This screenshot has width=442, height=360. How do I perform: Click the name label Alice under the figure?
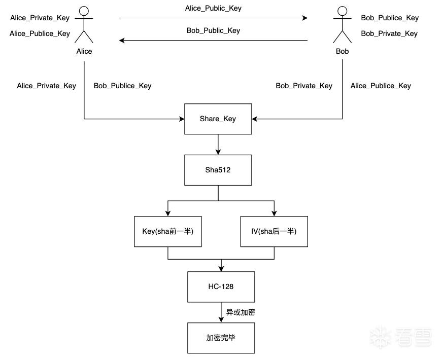pos(84,51)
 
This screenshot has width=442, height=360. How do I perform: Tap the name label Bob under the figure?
pos(342,51)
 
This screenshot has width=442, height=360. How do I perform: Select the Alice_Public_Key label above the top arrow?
pos(213,9)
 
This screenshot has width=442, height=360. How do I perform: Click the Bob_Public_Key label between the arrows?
pos(213,30)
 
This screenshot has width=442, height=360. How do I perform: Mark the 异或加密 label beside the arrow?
pos(241,312)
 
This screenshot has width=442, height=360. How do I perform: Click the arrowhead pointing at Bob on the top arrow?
pos(305,18)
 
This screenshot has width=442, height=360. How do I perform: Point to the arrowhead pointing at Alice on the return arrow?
pos(122,40)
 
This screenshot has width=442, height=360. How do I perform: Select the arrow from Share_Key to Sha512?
pos(218,145)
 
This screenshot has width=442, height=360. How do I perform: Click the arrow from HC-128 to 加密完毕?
pos(221,312)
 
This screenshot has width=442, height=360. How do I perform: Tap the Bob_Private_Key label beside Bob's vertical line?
pos(304,86)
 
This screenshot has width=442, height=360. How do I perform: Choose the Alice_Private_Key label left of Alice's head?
pos(40,18)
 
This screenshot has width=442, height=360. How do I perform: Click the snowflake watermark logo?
pos(380,337)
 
